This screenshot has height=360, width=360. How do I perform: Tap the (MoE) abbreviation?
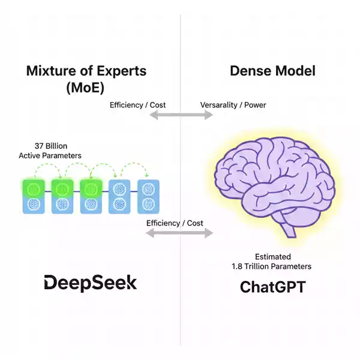click(86, 87)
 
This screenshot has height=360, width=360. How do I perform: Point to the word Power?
click(254, 105)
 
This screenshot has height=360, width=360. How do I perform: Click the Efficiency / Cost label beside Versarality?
click(137, 105)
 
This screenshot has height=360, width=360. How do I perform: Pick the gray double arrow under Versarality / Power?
click(181, 115)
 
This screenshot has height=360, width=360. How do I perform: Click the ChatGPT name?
click(272, 287)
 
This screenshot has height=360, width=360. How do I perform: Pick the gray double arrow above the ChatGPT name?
click(181, 233)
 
